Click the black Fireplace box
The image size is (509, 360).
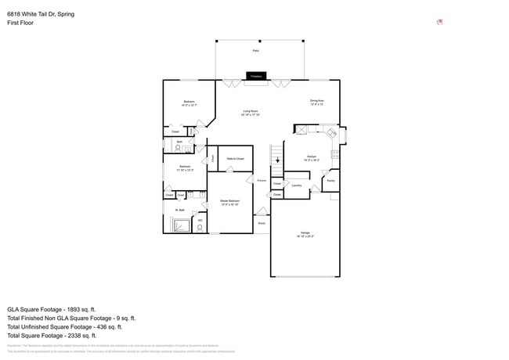tap(254, 76)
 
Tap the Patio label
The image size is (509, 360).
tap(255, 51)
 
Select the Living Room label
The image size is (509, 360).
tap(251, 113)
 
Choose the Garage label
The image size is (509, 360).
tap(305, 234)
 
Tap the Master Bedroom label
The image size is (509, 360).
tap(230, 203)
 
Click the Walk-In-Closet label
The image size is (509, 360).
tap(235, 159)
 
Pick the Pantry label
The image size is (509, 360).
tap(330, 181)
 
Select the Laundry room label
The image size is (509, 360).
tap(297, 185)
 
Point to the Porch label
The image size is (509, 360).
tap(262, 223)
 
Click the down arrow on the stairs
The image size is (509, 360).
tap(277, 160)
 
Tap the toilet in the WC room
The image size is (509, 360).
tap(200, 228)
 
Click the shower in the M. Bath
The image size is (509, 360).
tap(180, 226)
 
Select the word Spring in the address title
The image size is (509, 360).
tap(66, 14)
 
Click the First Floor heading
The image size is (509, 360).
tap(20, 23)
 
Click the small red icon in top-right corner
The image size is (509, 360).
tap(440, 22)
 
